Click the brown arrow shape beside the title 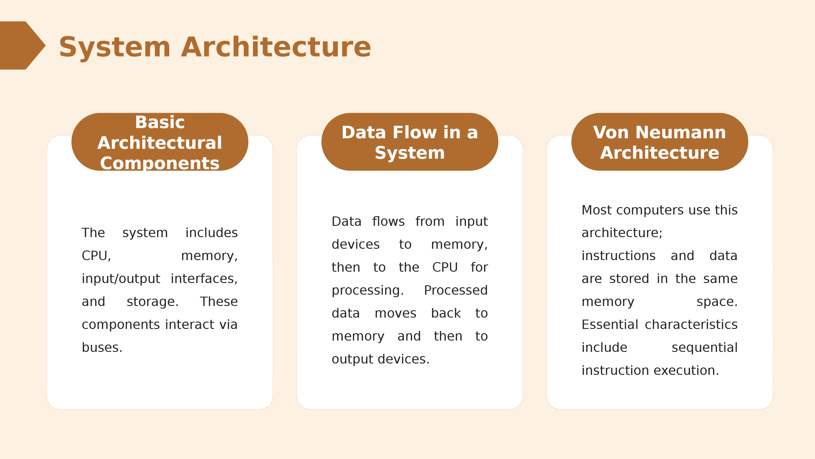tap(21, 45)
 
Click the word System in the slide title tap(115, 48)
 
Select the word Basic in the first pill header tap(160, 122)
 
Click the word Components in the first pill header tap(160, 163)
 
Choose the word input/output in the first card tap(121, 279)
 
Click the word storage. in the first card tap(153, 302)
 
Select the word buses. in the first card tap(102, 347)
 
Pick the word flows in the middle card tap(388, 221)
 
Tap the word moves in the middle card tap(396, 314)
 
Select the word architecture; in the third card tap(622, 233)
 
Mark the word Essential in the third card tap(610, 325)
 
